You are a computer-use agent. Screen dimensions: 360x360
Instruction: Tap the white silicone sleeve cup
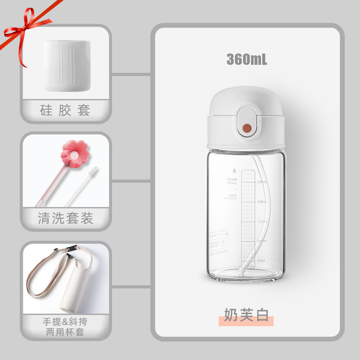67,65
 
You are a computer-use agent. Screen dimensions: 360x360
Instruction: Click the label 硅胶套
66,110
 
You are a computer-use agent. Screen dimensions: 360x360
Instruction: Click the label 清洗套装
66,219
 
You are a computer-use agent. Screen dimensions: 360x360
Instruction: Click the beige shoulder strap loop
43,279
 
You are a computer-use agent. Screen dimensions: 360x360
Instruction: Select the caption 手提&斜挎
65,322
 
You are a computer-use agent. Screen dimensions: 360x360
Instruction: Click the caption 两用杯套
65,333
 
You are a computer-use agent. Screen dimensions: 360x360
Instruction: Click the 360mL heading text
247,59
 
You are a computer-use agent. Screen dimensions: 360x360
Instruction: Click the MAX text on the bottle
233,195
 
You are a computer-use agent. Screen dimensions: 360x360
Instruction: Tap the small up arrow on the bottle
234,171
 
